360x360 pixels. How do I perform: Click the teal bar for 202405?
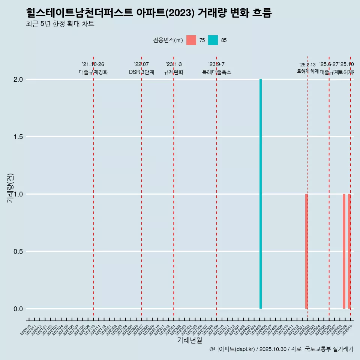coord(261,194)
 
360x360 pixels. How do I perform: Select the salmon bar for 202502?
coord(306,251)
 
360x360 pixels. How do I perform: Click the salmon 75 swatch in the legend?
coord(191,40)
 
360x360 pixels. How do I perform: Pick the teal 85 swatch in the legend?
coord(213,40)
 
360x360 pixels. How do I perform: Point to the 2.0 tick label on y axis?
coord(18,79)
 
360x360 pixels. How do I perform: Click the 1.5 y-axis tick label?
coord(18,137)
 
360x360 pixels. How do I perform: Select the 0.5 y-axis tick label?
coord(18,252)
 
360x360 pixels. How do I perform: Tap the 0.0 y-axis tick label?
coord(18,309)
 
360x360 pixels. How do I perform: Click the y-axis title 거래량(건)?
coord(10,188)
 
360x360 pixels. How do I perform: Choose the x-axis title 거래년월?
coord(189,340)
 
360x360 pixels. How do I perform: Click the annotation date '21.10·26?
coord(93,64)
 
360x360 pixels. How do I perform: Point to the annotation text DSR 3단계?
coord(141,72)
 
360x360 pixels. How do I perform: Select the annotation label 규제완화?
coord(174,72)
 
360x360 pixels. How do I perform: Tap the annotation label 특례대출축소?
coord(217,72)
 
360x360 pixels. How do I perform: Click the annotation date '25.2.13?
coord(307,65)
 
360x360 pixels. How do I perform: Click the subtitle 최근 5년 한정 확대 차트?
coord(60,24)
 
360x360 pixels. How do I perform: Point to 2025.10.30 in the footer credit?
coord(273,349)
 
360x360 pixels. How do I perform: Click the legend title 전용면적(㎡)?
coord(168,40)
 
